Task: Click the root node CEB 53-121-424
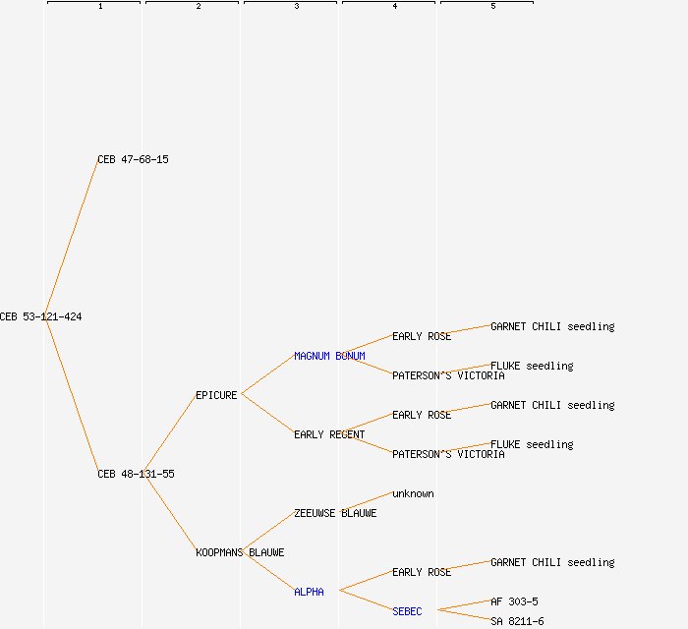click(40, 316)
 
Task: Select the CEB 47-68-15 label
click(133, 159)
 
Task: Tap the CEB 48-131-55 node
click(136, 474)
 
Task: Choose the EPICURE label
click(216, 395)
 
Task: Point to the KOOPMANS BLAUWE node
click(240, 552)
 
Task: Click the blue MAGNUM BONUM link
click(329, 356)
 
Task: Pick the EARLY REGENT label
click(329, 434)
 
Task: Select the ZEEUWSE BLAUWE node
click(335, 513)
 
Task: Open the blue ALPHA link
click(309, 592)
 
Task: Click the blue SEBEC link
click(407, 611)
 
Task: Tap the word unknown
click(413, 493)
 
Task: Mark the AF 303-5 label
click(514, 601)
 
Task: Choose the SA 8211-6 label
click(517, 621)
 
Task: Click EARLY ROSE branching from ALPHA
click(422, 572)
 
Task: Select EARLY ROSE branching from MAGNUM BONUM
click(422, 336)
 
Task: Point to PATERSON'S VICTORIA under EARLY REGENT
click(448, 454)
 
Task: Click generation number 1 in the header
click(100, 7)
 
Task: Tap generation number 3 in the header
click(297, 7)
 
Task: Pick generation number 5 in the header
click(493, 7)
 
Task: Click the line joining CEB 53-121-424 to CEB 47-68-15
click(71, 238)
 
